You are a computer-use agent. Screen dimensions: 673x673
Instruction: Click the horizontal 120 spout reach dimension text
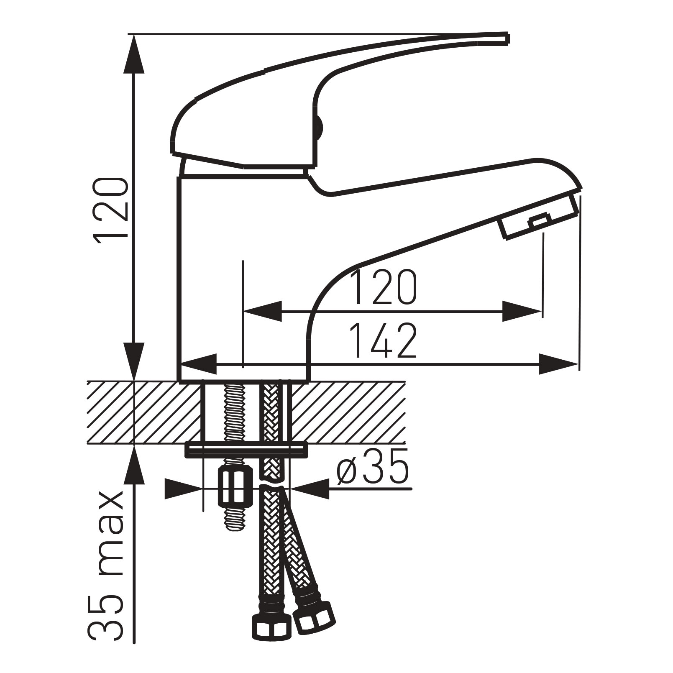point(384,287)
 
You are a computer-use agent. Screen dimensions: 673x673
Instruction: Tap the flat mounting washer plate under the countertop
point(246,450)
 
